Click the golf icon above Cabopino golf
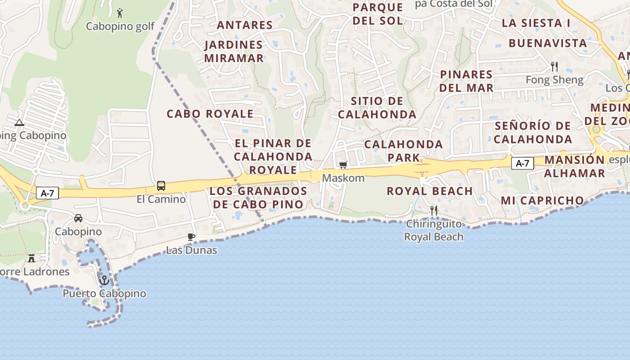(120, 13)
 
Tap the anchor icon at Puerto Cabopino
(104, 280)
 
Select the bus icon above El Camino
(161, 185)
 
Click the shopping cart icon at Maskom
(343, 165)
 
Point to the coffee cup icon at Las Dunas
(191, 237)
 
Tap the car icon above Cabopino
(78, 218)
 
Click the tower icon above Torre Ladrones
(31, 258)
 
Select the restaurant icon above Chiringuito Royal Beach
(434, 210)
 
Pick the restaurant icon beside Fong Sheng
(554, 67)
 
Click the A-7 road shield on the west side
(48, 193)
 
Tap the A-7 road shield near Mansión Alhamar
(522, 163)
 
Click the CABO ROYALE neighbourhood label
(210, 114)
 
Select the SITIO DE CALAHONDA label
(377, 108)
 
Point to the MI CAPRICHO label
(543, 201)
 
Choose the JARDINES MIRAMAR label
(234, 51)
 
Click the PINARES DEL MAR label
(467, 81)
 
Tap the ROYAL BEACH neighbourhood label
(430, 191)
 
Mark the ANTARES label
(245, 25)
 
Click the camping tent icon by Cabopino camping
(19, 122)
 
